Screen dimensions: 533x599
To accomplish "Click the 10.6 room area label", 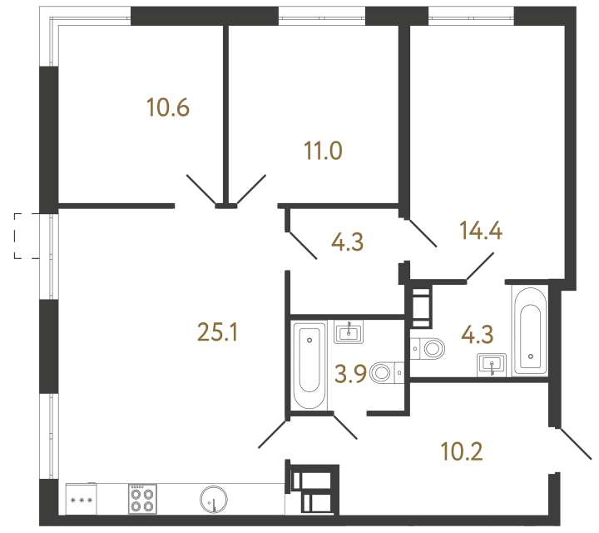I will click(x=168, y=107).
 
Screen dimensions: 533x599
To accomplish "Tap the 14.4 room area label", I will click(x=483, y=230).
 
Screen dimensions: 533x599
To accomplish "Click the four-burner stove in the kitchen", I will click(x=141, y=500).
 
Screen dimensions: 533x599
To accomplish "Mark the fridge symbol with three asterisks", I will click(x=82, y=500).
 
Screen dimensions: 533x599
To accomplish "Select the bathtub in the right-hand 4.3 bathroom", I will click(x=529, y=331).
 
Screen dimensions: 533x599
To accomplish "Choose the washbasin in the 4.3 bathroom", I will click(x=492, y=364).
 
